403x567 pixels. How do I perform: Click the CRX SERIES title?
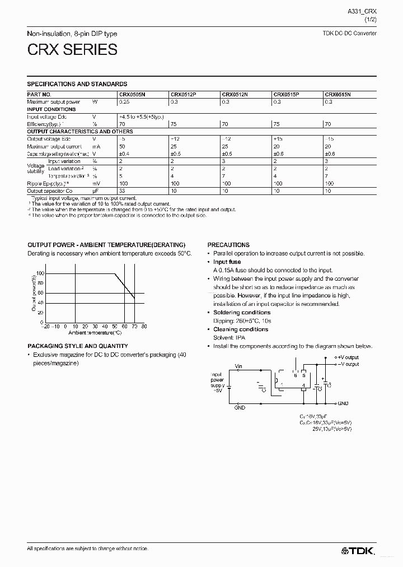pos(72,50)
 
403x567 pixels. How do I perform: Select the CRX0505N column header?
pos(132,95)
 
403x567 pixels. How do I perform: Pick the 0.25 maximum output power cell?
pos(124,102)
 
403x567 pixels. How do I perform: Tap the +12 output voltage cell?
pos(175,138)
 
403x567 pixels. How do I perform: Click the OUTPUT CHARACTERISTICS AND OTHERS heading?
pos(80,131)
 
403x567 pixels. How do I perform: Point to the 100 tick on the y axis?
pos(39,273)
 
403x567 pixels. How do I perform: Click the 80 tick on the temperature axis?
pos(144,326)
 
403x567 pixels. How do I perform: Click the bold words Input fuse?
pos(227,262)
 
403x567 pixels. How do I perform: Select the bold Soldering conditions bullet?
pos(242,313)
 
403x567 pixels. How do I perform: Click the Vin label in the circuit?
pos(238,366)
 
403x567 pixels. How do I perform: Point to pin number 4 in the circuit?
pos(303,385)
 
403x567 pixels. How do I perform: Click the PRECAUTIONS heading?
pos(228,245)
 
